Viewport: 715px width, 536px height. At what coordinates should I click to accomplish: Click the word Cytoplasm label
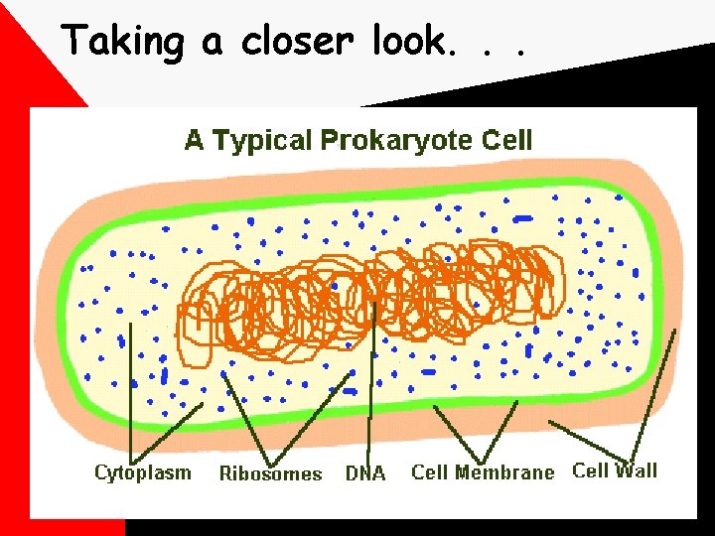[x=143, y=471]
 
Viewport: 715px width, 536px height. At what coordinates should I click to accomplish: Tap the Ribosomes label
[x=270, y=473]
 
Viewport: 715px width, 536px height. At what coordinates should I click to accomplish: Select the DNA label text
[x=364, y=473]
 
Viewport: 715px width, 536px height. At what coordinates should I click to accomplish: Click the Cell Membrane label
[x=483, y=472]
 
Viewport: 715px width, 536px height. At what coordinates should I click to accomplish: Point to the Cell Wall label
[x=615, y=470]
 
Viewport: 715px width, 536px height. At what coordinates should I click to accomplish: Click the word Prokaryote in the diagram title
[x=396, y=141]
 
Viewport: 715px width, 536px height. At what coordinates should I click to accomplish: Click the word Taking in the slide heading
[x=123, y=42]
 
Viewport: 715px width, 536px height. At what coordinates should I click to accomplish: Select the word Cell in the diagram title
[x=507, y=141]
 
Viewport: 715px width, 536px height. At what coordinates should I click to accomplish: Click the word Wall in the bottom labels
[x=636, y=470]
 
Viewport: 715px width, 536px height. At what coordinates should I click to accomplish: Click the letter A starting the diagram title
[x=195, y=141]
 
